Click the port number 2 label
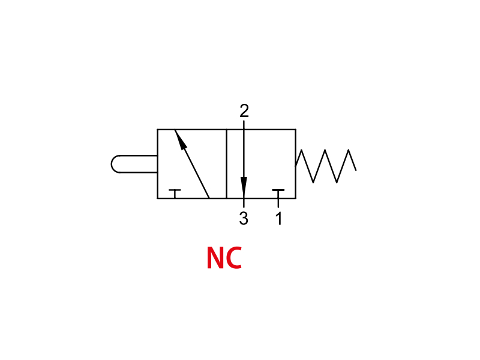pyautogui.click(x=244, y=111)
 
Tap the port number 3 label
pyautogui.click(x=244, y=218)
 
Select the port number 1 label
pyautogui.click(x=278, y=218)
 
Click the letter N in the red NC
pyautogui.click(x=216, y=258)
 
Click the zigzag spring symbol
pyautogui.click(x=326, y=166)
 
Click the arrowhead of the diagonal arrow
pyautogui.click(x=181, y=140)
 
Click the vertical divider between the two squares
pyautogui.click(x=227, y=164)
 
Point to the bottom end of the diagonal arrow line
pyautogui.click(x=209, y=198)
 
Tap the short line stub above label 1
pyautogui.click(x=278, y=203)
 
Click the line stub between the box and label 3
pyautogui.click(x=244, y=203)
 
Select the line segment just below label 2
pyautogui.click(x=244, y=125)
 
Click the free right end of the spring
pyautogui.click(x=356, y=170)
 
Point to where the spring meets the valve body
pyautogui.click(x=296, y=166)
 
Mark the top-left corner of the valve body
pyautogui.click(x=158, y=130)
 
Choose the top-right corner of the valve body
pyautogui.click(x=296, y=130)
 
